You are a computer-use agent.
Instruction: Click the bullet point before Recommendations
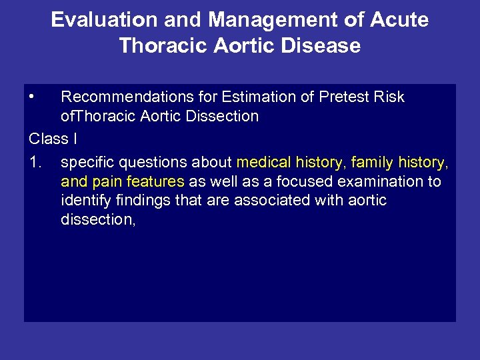point(32,97)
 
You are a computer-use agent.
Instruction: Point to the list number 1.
point(35,162)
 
